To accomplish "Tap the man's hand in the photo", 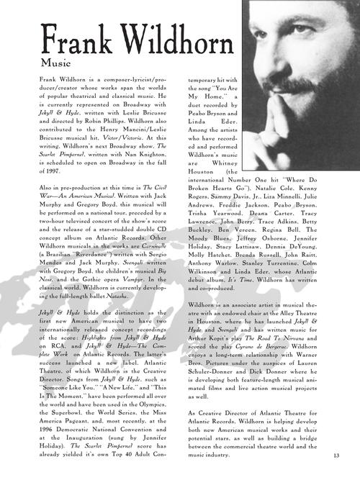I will pos(328,101).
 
